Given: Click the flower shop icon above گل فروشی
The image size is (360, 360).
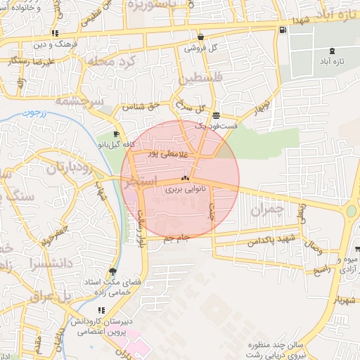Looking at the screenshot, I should (x=201, y=37).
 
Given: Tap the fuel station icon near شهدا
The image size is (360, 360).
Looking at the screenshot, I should (x=283, y=30).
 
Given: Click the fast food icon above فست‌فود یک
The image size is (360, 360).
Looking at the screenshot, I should (x=216, y=115).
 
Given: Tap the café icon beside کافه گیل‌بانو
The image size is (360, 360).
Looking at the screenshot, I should (x=116, y=134).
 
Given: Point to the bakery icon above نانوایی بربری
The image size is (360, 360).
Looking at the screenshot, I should (x=185, y=179).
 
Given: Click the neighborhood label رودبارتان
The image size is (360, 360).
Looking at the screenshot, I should (x=70, y=168).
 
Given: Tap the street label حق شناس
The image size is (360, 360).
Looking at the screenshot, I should (x=138, y=107).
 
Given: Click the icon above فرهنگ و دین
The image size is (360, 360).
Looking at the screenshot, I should (x=55, y=34).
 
